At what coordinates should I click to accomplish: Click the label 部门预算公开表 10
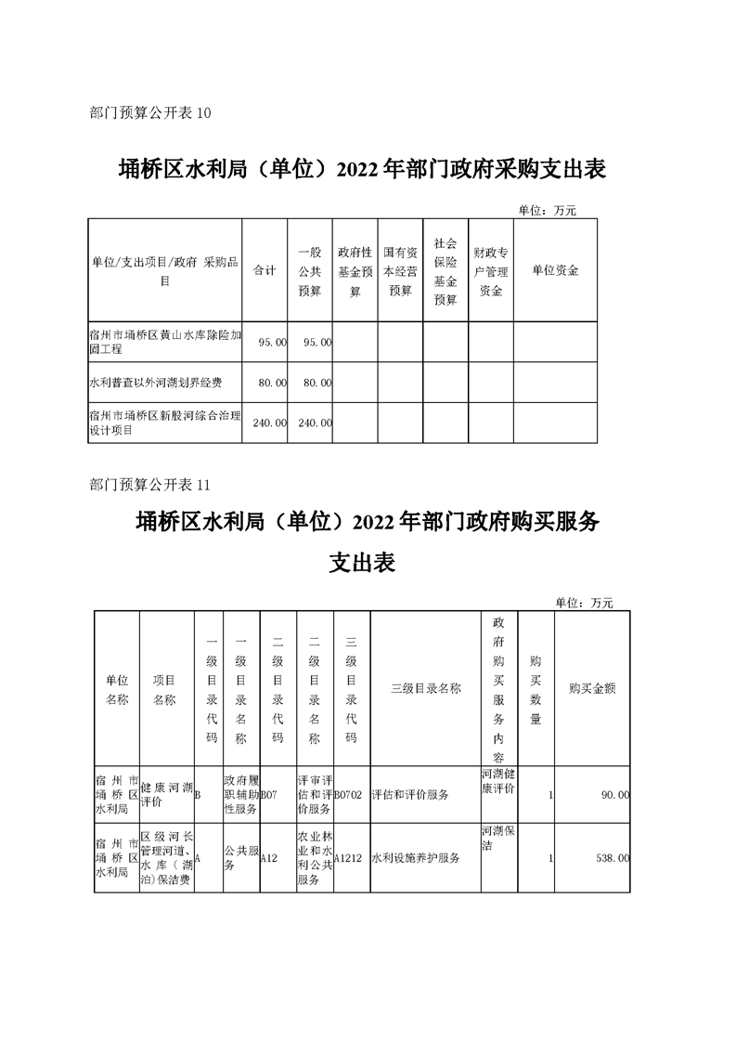point(151,112)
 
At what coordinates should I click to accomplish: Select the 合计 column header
point(265,270)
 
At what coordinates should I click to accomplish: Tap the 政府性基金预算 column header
point(355,270)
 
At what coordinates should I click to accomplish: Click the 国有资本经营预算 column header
point(400,270)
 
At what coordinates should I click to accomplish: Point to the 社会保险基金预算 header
point(445,270)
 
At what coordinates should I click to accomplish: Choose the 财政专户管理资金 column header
point(491,270)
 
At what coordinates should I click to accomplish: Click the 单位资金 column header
point(555,270)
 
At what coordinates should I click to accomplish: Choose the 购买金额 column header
point(592,688)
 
